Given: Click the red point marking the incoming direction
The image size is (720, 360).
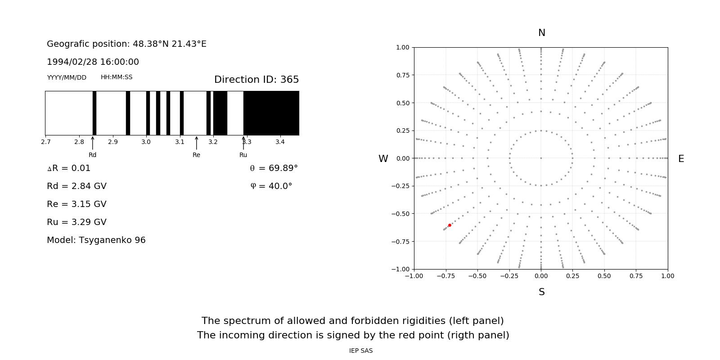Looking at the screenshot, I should point(450,225).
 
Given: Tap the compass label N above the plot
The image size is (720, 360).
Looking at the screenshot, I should point(542,33).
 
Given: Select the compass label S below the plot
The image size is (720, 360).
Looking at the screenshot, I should point(542,292).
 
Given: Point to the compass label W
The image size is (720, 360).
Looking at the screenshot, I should point(383,159).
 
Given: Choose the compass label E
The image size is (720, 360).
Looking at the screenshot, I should point(681,159).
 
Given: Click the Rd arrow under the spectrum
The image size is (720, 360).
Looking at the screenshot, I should point(93,143).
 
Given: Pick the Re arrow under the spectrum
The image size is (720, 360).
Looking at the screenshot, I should point(197,143).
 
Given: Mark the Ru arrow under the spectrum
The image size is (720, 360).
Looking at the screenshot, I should point(243,143).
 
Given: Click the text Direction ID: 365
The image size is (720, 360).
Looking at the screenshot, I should point(256,80).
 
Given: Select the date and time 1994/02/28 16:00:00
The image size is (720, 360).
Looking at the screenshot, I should point(93,62).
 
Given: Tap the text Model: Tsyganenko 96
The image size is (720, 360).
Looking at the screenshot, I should point(96,240).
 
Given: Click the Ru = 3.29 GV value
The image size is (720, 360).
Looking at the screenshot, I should point(76,222).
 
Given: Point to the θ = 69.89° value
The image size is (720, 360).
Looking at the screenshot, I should point(274,168).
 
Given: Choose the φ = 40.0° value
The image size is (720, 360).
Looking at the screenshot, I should point(271,186).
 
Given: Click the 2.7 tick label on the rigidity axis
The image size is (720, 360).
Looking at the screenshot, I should point(45,142).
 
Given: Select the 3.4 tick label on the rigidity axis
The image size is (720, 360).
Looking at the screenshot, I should point(280,142).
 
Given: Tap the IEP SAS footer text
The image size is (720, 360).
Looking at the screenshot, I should point(361,351).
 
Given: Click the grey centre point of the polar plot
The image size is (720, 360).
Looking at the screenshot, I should point(541,158).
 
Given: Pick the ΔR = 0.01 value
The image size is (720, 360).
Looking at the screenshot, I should point(69,168).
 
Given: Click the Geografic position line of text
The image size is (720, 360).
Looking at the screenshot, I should point(126,44).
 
